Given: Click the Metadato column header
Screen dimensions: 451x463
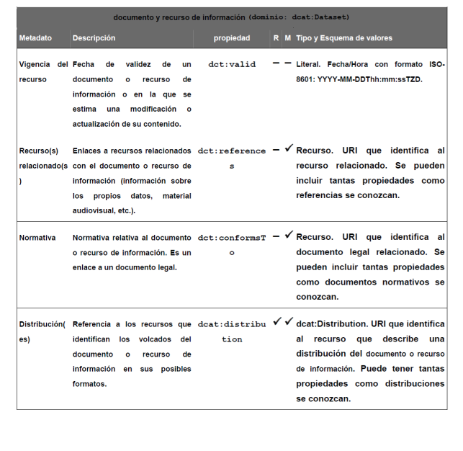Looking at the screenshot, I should (35, 37).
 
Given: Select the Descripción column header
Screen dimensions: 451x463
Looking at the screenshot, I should (94, 37).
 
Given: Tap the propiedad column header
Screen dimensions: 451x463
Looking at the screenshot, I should (232, 37).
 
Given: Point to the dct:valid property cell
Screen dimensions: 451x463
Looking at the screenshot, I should (232, 64).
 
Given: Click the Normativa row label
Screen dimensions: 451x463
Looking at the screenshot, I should (37, 237).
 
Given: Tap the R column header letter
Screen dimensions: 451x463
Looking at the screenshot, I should (276, 37).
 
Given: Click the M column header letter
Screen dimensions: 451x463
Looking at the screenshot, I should (288, 37).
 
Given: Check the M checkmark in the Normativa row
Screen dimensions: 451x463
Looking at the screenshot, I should (289, 234).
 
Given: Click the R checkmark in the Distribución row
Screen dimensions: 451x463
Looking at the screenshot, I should (277, 321).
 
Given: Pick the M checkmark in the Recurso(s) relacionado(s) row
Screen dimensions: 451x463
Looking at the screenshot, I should (289, 148).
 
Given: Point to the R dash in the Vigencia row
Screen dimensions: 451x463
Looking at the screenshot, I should (277, 63).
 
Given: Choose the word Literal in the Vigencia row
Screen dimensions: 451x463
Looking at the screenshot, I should (309, 64).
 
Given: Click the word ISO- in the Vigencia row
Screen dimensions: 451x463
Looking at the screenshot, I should (435, 64).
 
